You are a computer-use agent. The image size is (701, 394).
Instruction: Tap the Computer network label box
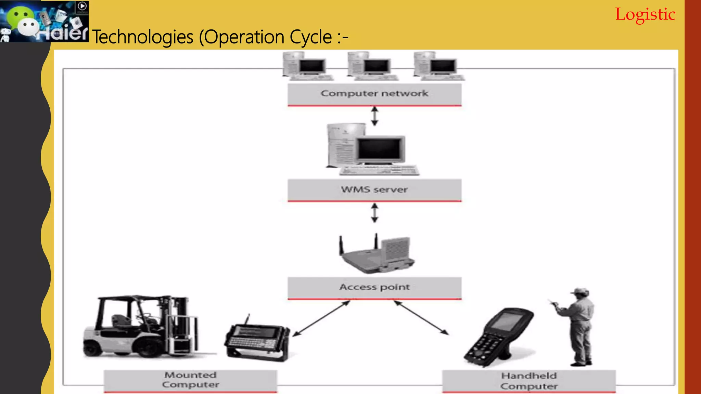point(374,94)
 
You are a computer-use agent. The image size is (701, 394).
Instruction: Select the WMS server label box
point(374,190)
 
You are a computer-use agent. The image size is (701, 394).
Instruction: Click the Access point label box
point(374,287)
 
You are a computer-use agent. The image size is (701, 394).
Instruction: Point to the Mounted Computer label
point(190,380)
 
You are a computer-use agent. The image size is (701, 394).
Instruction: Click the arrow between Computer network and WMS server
point(375,116)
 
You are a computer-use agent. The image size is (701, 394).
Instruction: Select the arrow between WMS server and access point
point(375,213)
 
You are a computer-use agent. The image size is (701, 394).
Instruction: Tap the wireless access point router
point(377,255)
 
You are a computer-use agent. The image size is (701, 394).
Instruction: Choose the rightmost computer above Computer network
point(438,66)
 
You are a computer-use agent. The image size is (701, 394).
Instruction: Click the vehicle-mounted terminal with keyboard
point(257,339)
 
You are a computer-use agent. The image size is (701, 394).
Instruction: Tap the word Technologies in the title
point(143,37)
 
